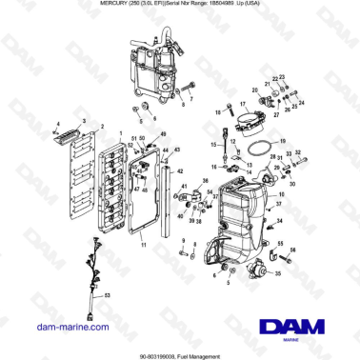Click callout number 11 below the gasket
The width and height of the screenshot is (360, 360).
(x=143, y=244)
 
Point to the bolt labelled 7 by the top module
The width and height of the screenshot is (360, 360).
(x=190, y=89)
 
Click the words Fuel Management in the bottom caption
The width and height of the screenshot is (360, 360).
(x=207, y=353)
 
